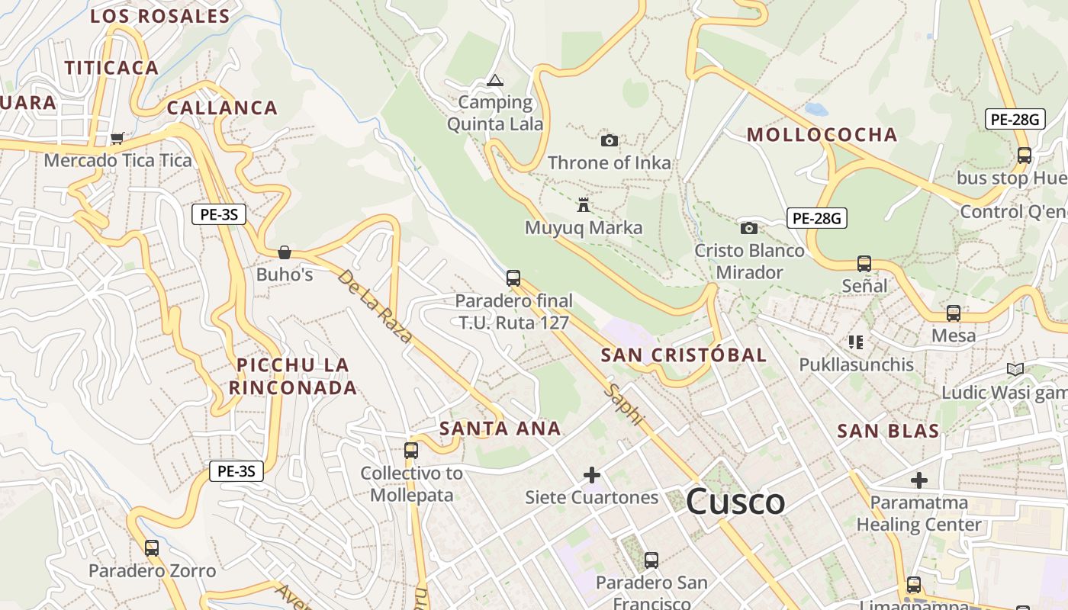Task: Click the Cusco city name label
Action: [735, 501]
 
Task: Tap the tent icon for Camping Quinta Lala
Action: [495, 80]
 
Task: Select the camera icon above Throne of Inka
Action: [609, 140]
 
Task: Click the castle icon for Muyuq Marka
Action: [584, 204]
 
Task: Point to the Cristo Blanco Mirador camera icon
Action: [749, 228]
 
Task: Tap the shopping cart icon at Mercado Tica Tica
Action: [117, 138]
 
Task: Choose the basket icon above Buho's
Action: [285, 252]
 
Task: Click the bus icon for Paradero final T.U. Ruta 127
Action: [513, 278]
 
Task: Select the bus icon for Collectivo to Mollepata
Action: [411, 451]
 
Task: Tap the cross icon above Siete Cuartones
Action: [591, 475]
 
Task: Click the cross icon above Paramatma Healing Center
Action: [918, 480]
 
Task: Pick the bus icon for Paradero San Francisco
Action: [651, 560]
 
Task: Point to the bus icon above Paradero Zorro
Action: [152, 547]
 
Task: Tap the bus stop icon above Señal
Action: [864, 264]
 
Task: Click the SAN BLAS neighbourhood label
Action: [888, 431]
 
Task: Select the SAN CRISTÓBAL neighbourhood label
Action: [684, 355]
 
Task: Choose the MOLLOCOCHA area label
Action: [822, 135]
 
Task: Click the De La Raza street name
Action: [375, 305]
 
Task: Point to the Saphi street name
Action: [624, 404]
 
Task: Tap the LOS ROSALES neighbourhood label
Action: [159, 16]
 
